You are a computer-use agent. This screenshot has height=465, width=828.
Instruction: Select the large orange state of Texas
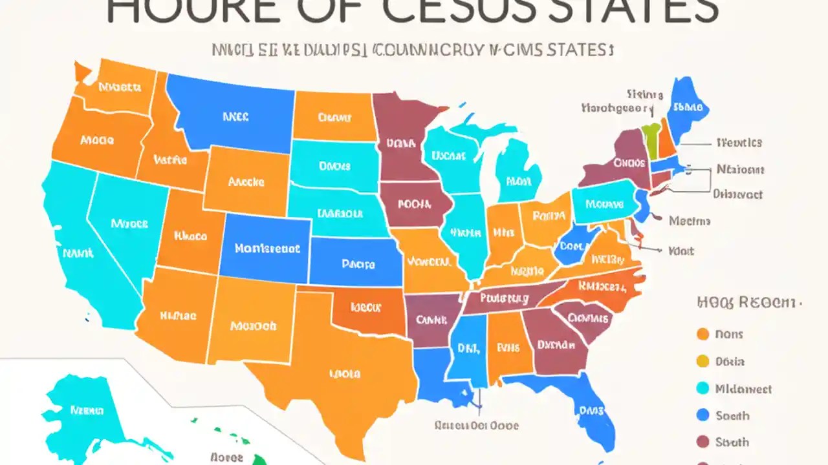[343, 375]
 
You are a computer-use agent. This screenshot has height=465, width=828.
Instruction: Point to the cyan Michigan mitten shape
[517, 178]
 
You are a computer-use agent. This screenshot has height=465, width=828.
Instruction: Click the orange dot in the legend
[703, 334]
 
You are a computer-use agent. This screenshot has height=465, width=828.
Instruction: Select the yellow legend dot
[703, 362]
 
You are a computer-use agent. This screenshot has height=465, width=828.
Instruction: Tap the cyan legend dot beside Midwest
[703, 389]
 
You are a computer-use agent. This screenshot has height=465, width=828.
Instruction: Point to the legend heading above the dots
[747, 302]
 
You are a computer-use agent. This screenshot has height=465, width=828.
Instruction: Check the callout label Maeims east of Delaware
[690, 221]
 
